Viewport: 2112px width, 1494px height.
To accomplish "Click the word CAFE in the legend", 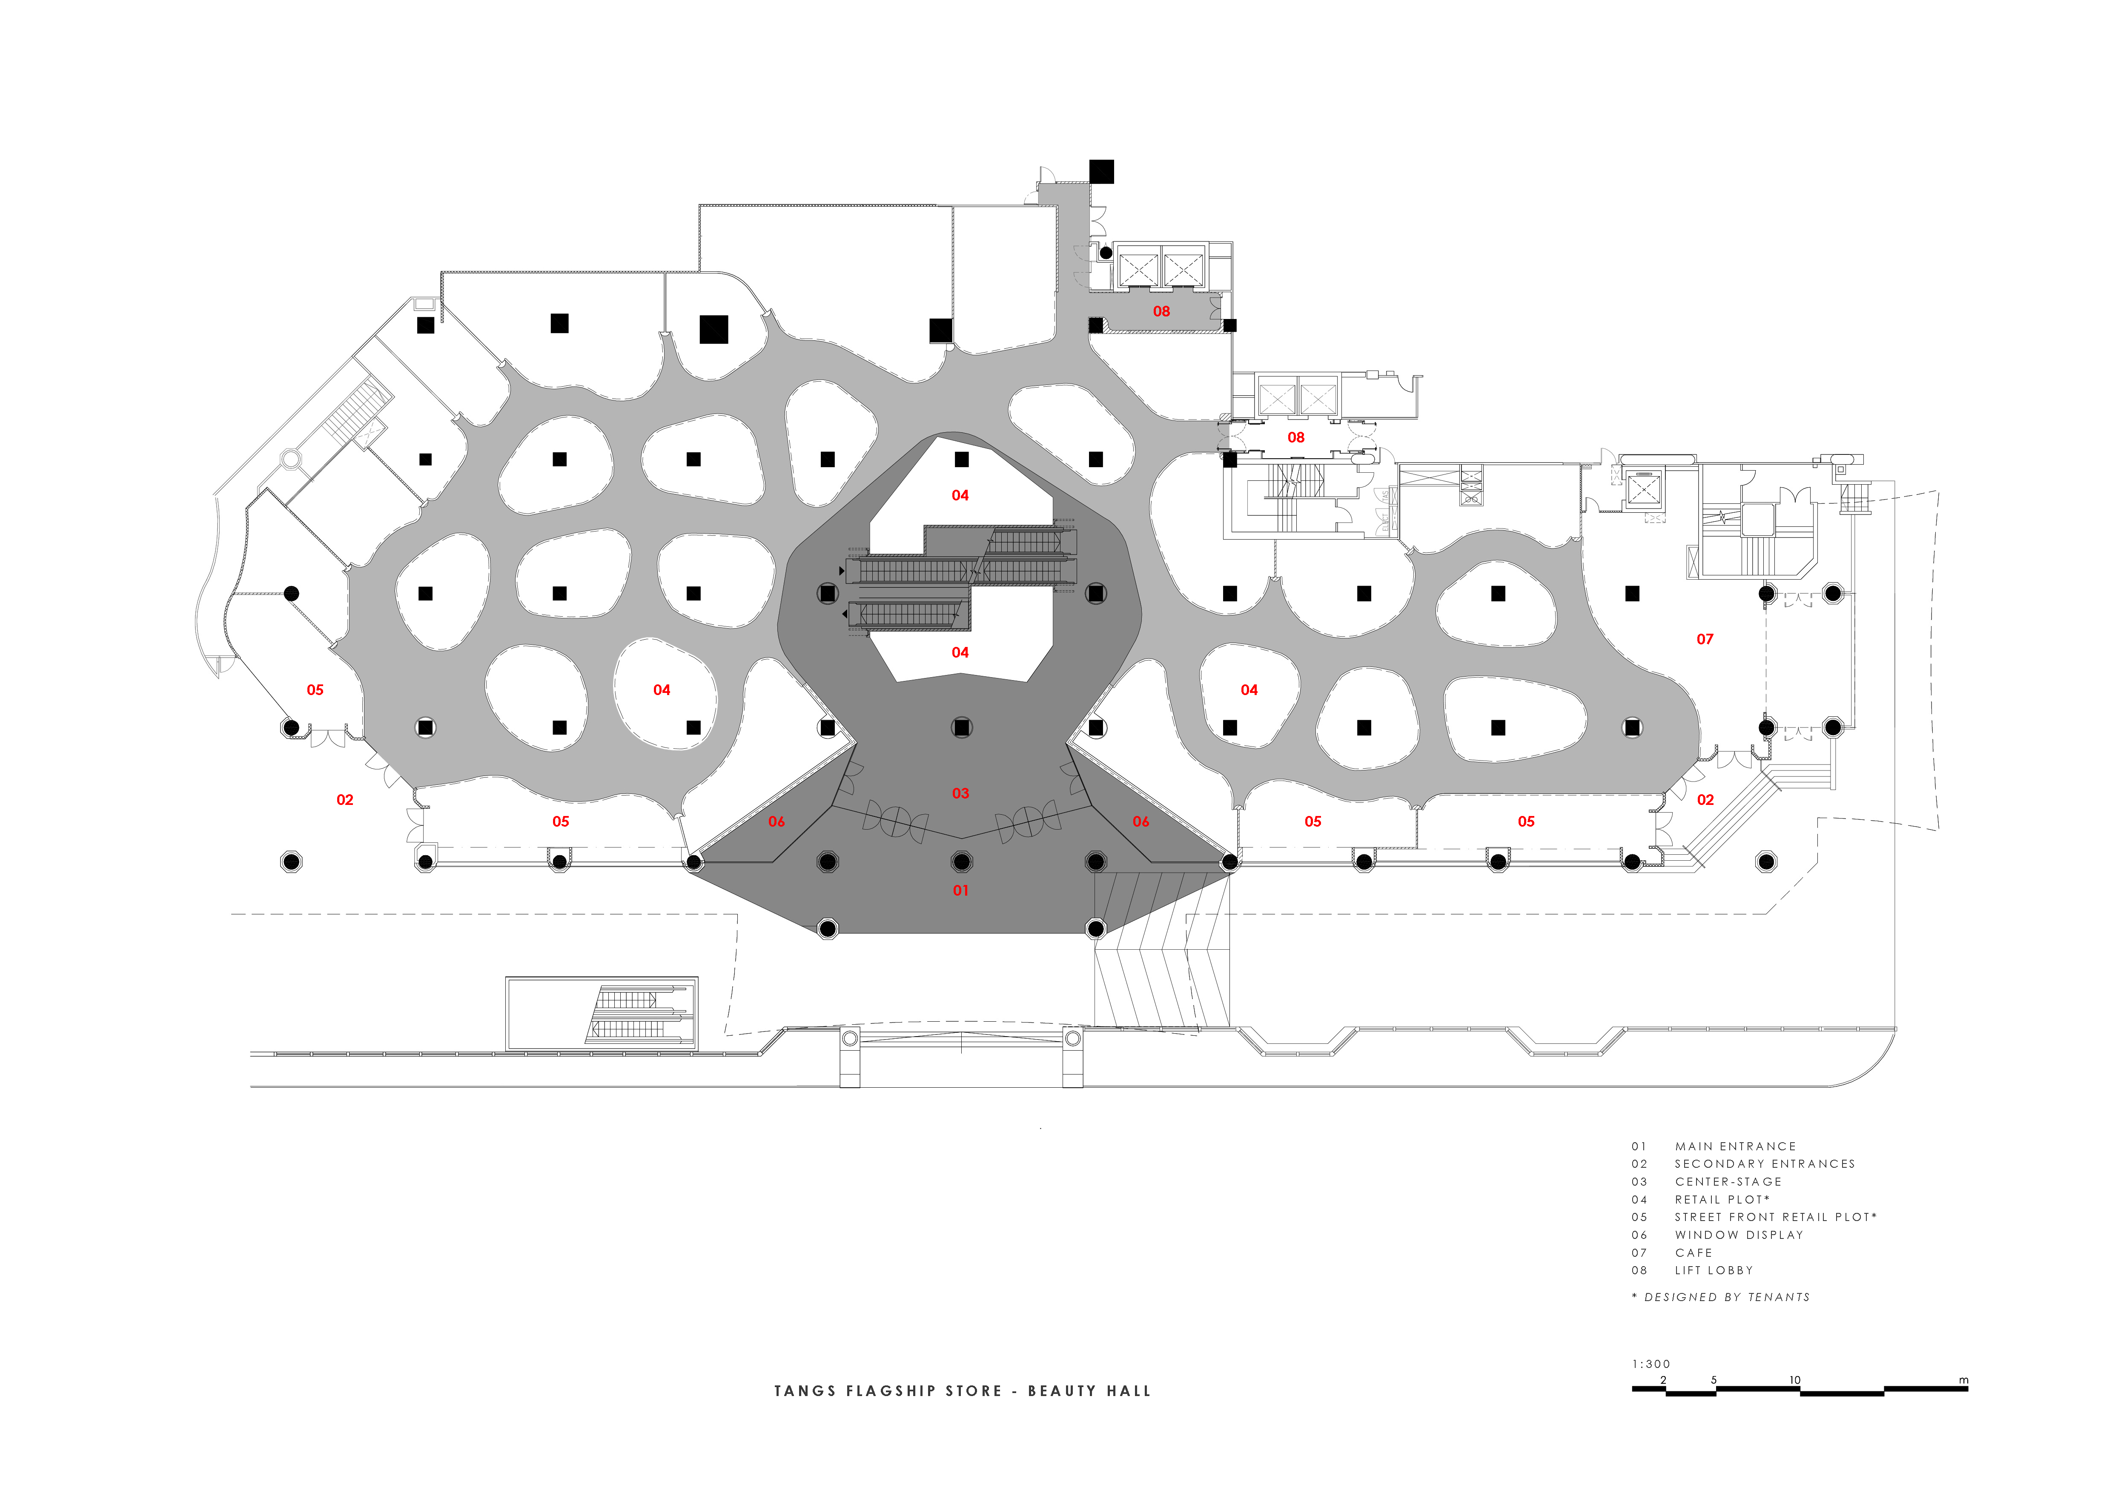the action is point(1694,1253).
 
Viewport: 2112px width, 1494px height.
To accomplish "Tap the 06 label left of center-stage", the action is point(777,822).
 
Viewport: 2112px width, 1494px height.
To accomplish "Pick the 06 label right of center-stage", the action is point(1141,822).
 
